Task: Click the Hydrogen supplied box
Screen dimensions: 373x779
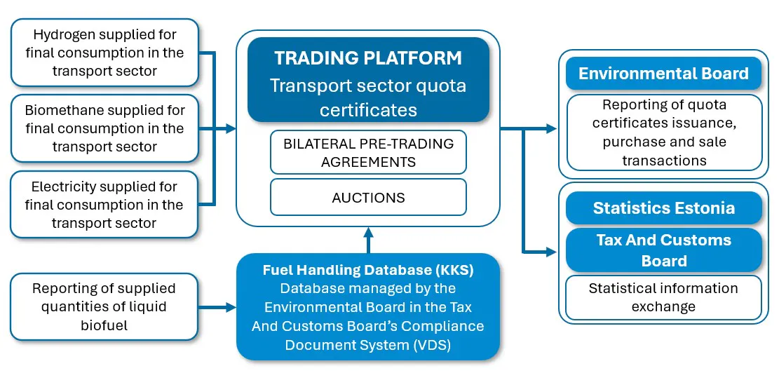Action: [x=104, y=53]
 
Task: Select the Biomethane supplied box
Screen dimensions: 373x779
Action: [x=104, y=129]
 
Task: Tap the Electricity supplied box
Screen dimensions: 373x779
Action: [x=104, y=205]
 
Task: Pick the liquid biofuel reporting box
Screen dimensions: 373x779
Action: [x=104, y=306]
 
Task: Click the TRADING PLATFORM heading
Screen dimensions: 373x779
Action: [x=368, y=58]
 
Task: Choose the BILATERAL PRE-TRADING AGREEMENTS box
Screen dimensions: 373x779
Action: [x=368, y=152]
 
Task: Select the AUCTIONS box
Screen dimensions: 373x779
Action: [x=368, y=198]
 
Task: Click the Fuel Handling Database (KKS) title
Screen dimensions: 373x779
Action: [x=368, y=270]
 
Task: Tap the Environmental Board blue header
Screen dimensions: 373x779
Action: [x=663, y=74]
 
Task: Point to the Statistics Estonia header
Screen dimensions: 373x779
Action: [x=663, y=208]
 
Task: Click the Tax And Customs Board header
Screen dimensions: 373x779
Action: [x=663, y=250]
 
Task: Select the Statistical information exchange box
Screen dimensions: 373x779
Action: [x=663, y=297]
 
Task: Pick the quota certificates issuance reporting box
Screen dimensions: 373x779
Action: [x=663, y=133]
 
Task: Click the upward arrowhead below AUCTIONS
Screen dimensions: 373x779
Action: [x=369, y=231]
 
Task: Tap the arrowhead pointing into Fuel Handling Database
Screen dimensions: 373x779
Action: [x=231, y=307]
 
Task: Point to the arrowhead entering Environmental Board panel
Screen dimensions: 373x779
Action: [x=552, y=129]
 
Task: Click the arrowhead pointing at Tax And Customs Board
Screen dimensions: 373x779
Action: [x=552, y=250]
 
